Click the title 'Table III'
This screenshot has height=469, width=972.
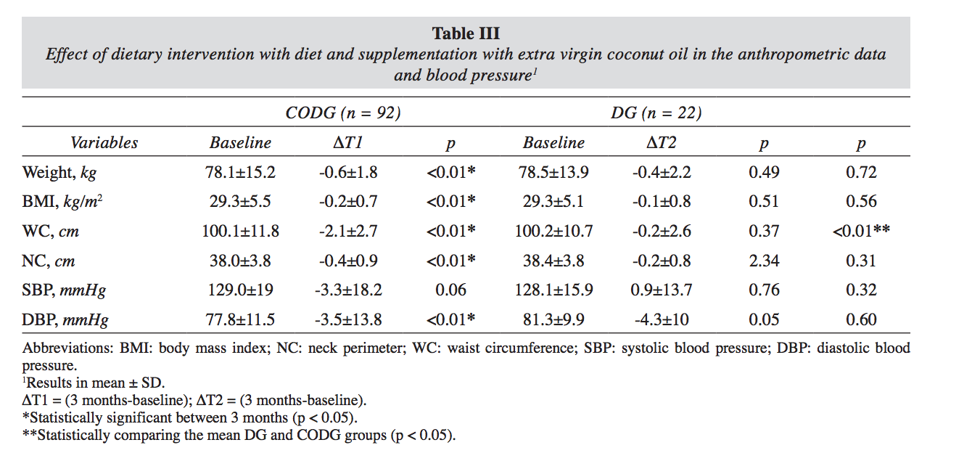point(466,33)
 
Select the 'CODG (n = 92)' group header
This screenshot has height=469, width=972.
point(343,113)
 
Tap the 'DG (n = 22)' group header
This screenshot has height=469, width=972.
point(656,113)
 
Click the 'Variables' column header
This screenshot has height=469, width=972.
point(104,142)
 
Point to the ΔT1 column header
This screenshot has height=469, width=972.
point(348,142)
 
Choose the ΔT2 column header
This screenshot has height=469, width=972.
point(662,142)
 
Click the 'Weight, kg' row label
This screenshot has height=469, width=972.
point(59,173)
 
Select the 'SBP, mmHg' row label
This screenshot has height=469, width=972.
point(64,290)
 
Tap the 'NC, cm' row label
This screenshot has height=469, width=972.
point(49,261)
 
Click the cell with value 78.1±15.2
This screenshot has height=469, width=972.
point(240,172)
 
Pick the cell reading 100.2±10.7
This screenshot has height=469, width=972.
point(553,231)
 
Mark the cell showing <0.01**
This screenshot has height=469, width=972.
point(861,231)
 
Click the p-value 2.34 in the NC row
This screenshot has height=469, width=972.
point(764,261)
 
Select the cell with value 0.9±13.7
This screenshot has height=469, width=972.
point(662,290)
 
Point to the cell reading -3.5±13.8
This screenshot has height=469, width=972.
point(348,319)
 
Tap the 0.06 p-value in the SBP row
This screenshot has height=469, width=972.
point(451,290)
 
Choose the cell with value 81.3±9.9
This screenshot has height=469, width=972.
point(553,319)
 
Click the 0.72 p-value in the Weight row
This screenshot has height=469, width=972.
point(861,172)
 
